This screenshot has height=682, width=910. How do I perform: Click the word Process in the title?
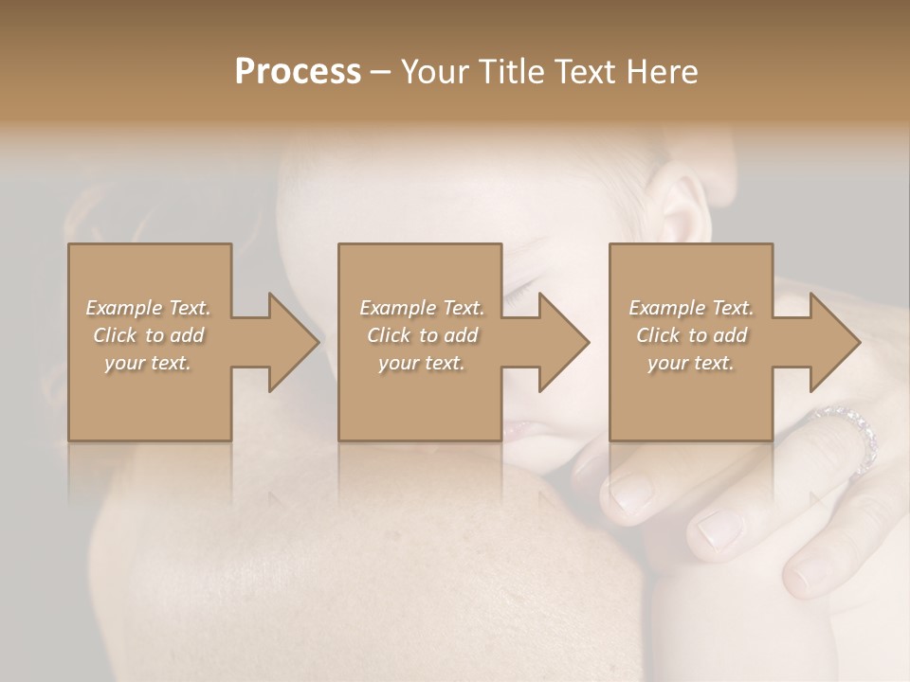298,72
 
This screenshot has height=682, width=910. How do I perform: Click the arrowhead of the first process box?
292,342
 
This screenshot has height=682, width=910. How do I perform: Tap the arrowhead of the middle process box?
563,342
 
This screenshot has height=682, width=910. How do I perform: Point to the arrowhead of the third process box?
833,342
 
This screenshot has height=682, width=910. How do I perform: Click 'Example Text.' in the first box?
148,308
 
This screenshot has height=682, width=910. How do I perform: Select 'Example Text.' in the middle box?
421,308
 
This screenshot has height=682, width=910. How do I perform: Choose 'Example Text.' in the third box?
691,308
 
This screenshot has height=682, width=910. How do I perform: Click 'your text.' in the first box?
148,363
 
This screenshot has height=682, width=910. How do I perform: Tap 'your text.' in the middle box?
421,363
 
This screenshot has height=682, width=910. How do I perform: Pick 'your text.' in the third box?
691,363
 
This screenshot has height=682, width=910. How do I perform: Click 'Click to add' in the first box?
148,335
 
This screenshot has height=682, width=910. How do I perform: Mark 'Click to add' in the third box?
691,335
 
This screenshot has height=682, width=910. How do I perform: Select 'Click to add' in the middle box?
421,335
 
